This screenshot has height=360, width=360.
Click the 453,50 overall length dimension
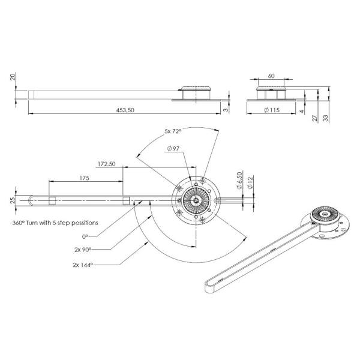(x=125, y=110)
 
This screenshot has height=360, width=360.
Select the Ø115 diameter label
(x=272, y=110)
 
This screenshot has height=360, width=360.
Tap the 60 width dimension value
(x=271, y=76)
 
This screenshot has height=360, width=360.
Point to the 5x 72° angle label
(x=173, y=131)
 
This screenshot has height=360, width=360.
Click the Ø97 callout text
(x=173, y=149)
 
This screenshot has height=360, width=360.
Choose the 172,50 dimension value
(x=107, y=164)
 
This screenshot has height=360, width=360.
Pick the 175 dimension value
(x=84, y=178)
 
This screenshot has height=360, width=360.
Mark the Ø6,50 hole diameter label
(x=239, y=181)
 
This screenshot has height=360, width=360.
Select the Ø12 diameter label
(x=250, y=182)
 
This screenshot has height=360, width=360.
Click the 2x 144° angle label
(x=83, y=265)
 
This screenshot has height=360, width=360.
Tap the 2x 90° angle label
(x=83, y=250)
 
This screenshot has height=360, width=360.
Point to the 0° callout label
(x=85, y=236)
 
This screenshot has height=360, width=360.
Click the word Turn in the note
(x=32, y=223)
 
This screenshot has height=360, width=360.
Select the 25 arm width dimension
(x=13, y=200)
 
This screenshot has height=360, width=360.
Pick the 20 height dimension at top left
(x=13, y=77)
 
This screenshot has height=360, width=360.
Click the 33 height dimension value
(x=326, y=118)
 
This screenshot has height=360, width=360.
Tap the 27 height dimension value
(x=315, y=118)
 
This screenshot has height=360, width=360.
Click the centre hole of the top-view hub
(x=196, y=200)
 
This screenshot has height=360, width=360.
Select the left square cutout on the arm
(x=52, y=200)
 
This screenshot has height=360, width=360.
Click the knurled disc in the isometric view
(x=325, y=214)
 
